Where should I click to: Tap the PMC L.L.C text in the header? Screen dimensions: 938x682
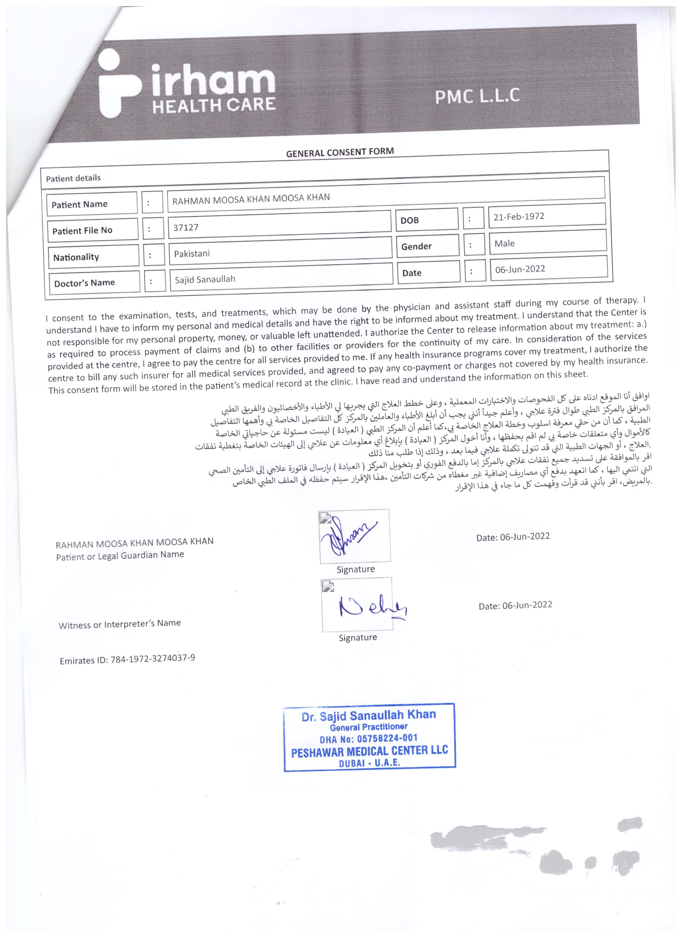[477, 96]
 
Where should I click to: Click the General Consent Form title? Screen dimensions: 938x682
[340, 152]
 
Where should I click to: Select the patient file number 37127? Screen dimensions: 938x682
[186, 227]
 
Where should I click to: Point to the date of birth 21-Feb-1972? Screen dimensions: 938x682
[519, 216]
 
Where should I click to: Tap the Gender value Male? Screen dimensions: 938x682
[505, 243]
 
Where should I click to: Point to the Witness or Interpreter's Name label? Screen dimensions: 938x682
[119, 624]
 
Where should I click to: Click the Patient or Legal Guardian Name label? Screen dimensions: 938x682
[120, 555]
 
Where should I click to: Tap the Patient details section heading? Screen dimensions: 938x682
[73, 178]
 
